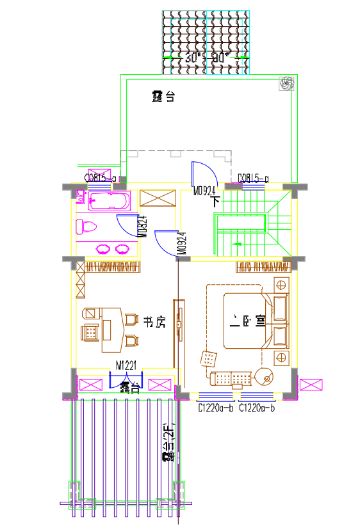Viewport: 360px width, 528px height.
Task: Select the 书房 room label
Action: (154, 322)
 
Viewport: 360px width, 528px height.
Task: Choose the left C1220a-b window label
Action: (217, 407)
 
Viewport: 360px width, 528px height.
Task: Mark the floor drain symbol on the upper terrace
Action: (286, 83)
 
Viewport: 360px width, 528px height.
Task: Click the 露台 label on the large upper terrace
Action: (163, 97)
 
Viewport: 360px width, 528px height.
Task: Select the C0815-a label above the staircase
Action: (254, 179)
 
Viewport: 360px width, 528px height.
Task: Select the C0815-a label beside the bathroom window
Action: (100, 179)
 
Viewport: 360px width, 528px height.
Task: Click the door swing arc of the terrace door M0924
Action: (208, 170)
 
